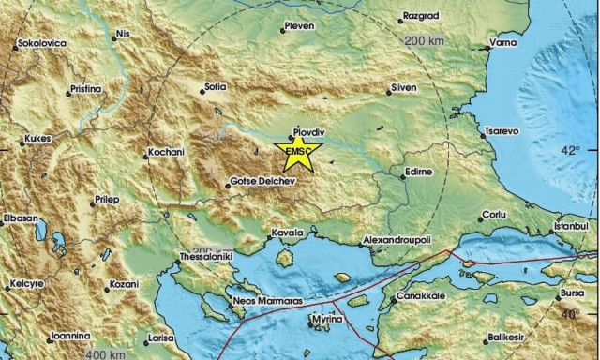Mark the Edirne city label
click(415, 172)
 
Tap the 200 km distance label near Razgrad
click(425, 41)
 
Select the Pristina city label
click(87, 90)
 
